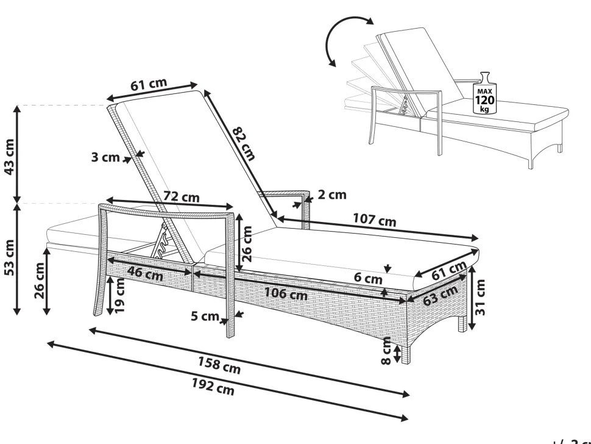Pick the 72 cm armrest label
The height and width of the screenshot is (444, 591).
tap(182, 197)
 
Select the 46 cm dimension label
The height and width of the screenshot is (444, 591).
tap(145, 274)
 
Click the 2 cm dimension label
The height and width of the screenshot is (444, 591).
tap(332, 195)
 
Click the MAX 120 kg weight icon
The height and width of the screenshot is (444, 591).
tap(485, 93)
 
